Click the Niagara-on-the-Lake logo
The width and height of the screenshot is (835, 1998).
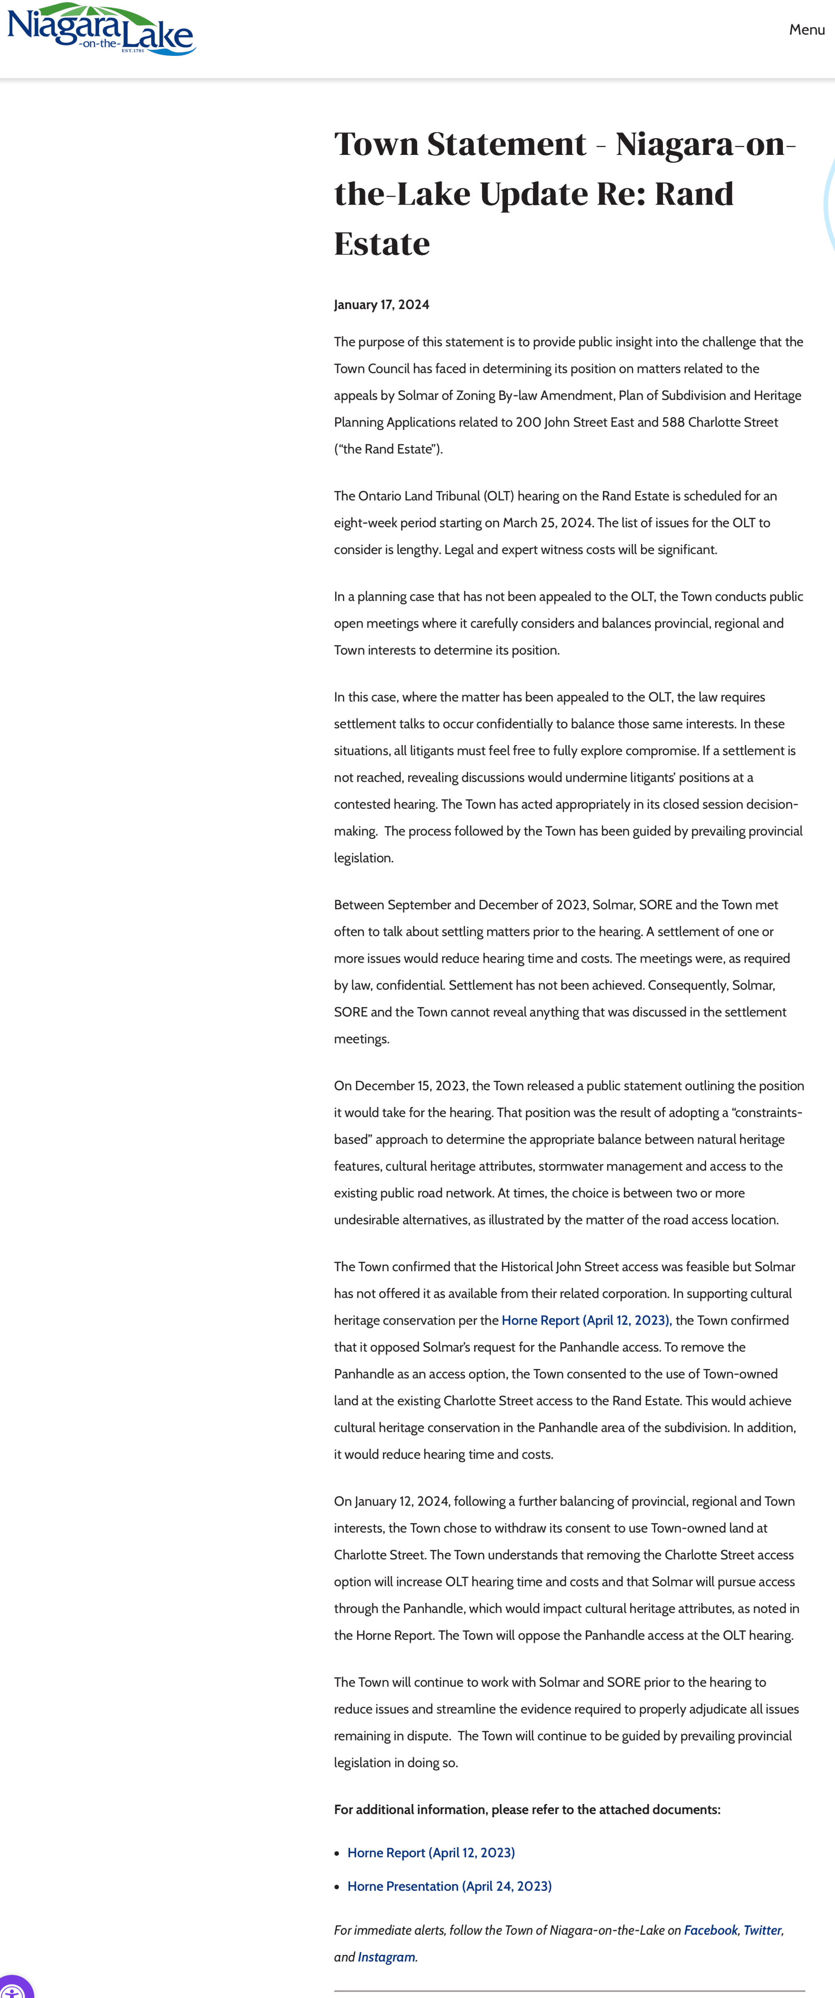click(101, 29)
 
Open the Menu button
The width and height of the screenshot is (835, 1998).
click(806, 29)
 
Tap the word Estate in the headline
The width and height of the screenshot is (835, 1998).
click(382, 244)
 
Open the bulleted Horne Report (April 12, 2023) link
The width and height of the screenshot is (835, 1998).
click(431, 1852)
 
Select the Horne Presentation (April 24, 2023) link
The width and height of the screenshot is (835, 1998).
click(449, 1886)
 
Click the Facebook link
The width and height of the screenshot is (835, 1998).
click(710, 1930)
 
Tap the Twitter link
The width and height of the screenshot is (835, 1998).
click(762, 1930)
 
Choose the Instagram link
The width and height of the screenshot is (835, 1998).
click(386, 1957)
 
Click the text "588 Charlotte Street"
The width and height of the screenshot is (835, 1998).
click(719, 422)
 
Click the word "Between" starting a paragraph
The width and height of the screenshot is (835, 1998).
click(358, 904)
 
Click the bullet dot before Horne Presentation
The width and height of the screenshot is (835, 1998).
click(337, 1886)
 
